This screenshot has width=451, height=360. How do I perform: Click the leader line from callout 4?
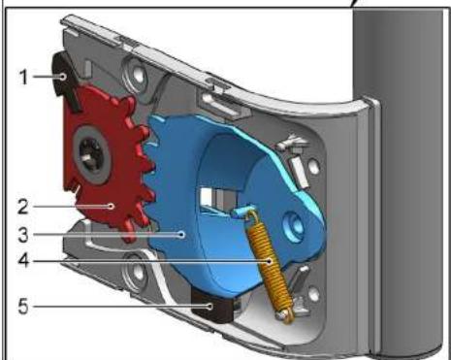[x=145, y=260]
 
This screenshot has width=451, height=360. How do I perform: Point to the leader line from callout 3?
[x=107, y=233]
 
